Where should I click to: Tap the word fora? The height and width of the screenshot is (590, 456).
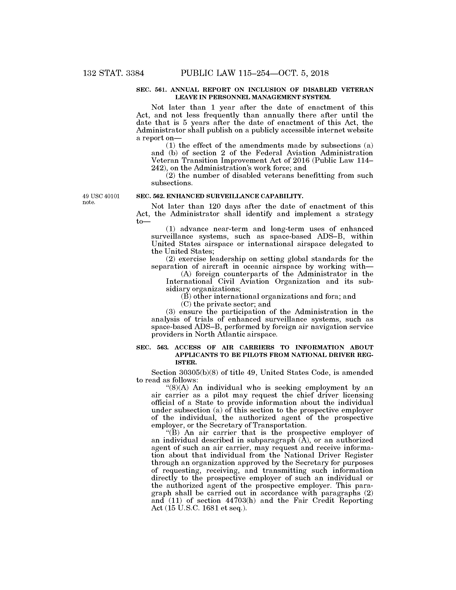[332, 296]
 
